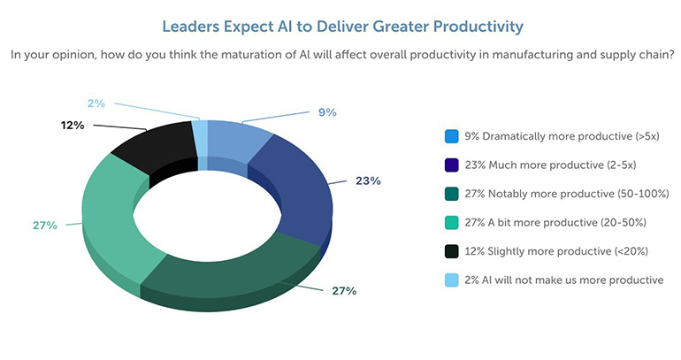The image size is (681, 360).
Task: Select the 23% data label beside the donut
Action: click(x=368, y=180)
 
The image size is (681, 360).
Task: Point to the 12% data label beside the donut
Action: click(x=73, y=126)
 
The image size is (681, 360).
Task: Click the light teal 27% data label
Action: click(x=44, y=225)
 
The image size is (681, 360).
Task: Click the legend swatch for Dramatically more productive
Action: click(x=451, y=137)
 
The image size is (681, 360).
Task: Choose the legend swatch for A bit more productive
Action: click(x=451, y=223)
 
